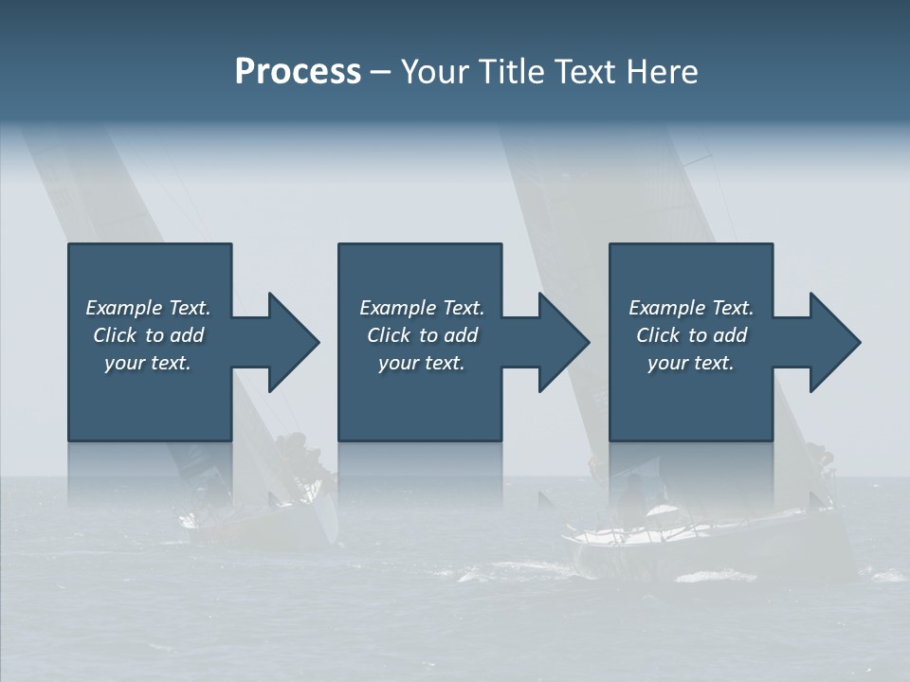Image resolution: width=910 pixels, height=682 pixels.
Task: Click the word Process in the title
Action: (298, 72)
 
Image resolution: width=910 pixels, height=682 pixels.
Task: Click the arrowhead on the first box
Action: (290, 342)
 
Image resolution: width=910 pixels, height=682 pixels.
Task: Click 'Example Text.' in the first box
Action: (148, 308)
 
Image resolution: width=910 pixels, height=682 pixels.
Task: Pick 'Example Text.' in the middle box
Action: (422, 308)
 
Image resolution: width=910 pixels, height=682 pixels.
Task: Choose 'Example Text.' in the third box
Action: (691, 308)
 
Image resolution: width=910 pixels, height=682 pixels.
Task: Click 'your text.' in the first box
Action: (148, 363)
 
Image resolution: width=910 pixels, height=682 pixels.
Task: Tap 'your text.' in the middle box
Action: (422, 363)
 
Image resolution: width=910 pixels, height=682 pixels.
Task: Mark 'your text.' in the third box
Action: (691, 363)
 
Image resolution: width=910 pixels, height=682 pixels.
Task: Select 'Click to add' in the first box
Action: (148, 335)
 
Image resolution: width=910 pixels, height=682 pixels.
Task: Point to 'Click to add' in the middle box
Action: (422, 335)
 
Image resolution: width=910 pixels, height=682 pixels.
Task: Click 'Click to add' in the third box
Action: (691, 335)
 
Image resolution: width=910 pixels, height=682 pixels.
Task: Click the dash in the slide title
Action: (380, 72)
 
